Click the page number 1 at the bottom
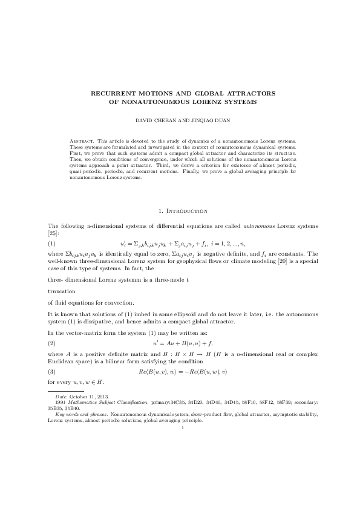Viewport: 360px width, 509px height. [180, 444]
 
